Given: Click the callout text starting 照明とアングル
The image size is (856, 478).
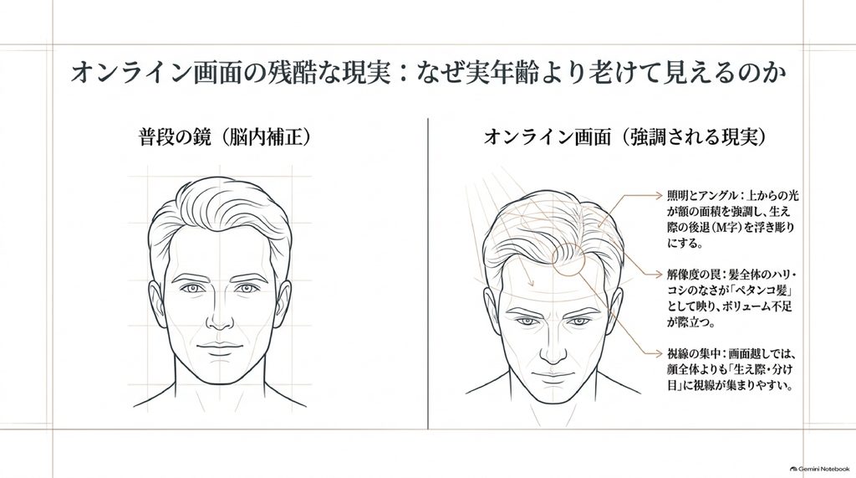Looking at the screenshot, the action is (732, 218).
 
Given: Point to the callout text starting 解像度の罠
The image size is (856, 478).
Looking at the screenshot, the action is (729, 298).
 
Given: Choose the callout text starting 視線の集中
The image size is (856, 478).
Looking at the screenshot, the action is (729, 370).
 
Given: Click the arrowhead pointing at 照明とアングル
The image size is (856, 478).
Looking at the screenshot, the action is (659, 194).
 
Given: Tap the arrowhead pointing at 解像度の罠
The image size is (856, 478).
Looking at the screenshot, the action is (659, 274).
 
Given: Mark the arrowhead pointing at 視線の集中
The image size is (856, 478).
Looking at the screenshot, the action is (659, 353).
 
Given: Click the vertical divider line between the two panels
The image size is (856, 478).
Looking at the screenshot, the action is (428, 274).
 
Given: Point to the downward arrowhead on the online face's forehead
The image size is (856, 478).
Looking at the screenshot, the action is (529, 282).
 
